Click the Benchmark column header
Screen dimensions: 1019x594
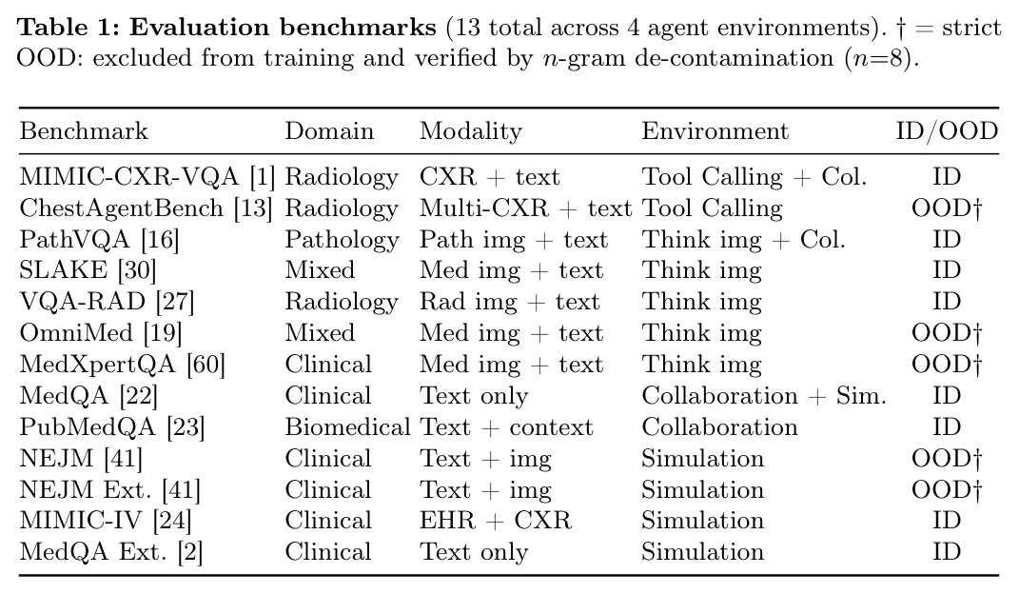tap(84, 130)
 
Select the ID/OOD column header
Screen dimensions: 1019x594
tap(946, 130)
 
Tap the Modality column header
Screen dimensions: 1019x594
tap(471, 131)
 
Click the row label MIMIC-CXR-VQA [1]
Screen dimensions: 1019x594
tap(147, 177)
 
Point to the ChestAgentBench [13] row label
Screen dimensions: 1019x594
tap(146, 208)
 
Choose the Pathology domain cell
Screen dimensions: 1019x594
tap(342, 240)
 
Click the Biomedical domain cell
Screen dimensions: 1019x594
tap(347, 427)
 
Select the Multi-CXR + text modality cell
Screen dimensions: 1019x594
tap(526, 208)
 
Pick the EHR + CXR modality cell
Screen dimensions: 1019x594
tap(495, 521)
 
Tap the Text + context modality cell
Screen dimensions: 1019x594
tap(506, 427)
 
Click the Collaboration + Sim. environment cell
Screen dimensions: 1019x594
tap(764, 396)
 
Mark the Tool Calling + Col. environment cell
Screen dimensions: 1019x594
tap(754, 177)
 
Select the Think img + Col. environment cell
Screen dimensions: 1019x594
tap(743, 240)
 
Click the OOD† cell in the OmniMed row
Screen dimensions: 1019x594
tap(946, 333)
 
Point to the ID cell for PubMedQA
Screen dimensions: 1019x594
tap(946, 427)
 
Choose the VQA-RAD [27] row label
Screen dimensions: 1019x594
tap(107, 302)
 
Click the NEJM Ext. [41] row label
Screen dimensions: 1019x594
tap(109, 490)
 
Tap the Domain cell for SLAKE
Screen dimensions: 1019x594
tap(320, 270)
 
